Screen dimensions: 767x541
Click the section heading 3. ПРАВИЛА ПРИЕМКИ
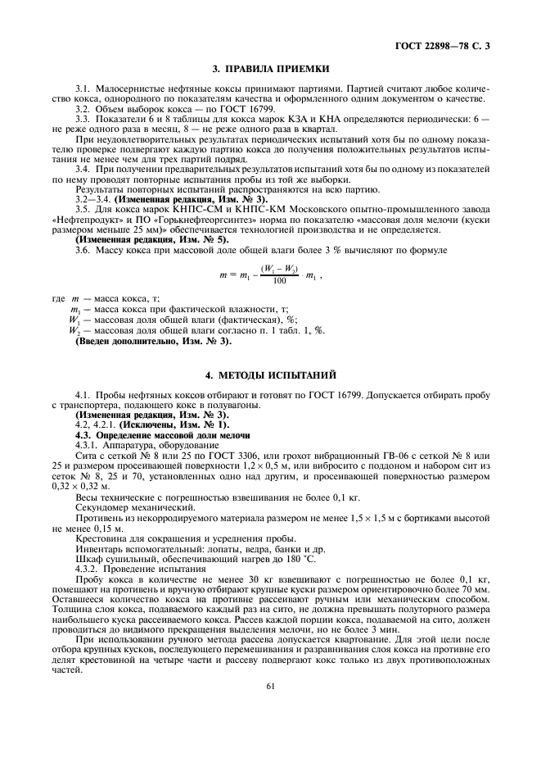coord(271,68)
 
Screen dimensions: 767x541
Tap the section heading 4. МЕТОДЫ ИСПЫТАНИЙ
coord(271,375)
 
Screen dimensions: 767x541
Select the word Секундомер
coord(102,507)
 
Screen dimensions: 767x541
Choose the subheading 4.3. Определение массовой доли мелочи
coord(163,436)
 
